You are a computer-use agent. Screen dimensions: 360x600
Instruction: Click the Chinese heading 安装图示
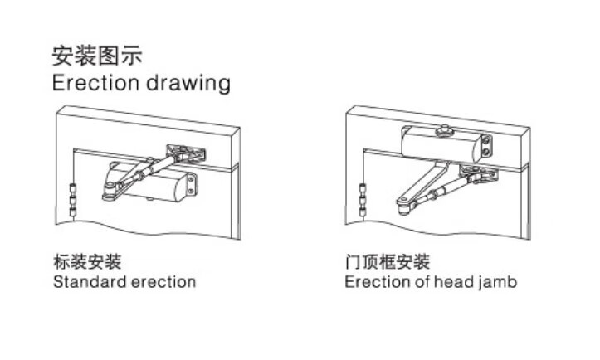coord(97,56)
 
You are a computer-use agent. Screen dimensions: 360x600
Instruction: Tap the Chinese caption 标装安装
coord(87,263)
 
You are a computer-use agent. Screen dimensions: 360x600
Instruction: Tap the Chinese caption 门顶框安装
coord(388,263)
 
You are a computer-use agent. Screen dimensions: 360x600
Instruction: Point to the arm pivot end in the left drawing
coord(109,192)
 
